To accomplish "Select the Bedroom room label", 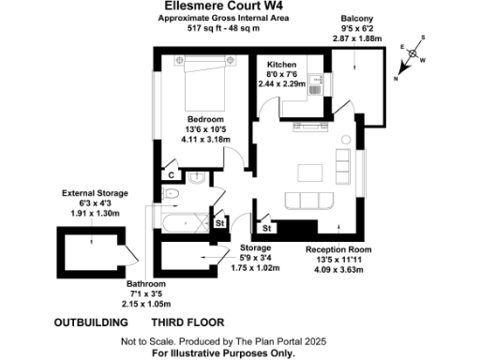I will point(204,120).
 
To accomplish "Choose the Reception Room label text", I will point(339,249).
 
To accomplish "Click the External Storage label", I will point(94,193).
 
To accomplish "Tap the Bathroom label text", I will point(146,284).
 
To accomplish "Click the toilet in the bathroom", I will point(171,193).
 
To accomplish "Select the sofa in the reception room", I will point(309,200).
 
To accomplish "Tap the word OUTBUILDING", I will point(91,322).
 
